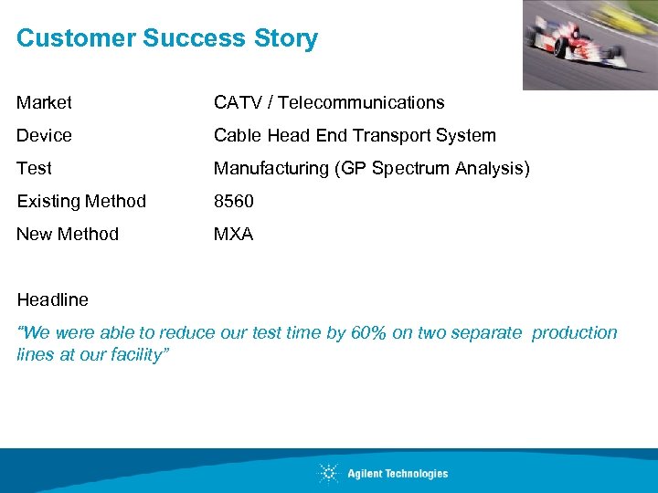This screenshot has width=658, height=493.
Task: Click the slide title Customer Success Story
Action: pos(167,38)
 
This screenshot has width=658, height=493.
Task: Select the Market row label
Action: pos(44,102)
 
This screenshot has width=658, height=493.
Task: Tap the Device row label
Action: pos(44,135)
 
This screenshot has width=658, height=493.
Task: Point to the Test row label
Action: pos(34,168)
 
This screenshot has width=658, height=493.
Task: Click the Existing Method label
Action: pos(81,201)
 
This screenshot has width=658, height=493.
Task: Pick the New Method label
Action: pos(68,234)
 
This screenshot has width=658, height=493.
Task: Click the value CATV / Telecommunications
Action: pos(329,102)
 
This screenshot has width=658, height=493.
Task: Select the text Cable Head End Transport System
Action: pos(355,135)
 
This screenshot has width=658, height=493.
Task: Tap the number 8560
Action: pos(234,201)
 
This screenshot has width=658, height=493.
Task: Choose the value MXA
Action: pos(233,234)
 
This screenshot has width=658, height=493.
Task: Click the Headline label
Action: pos(52,299)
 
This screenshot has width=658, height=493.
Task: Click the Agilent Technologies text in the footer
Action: pos(398,473)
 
